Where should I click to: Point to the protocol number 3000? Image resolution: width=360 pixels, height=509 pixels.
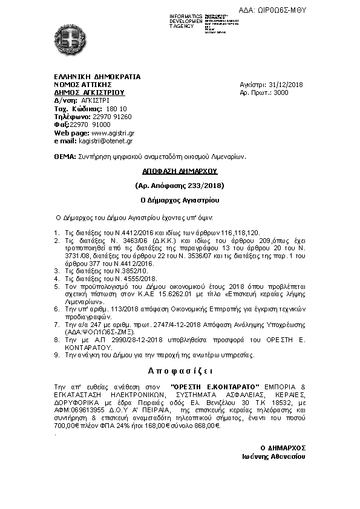[281, 92]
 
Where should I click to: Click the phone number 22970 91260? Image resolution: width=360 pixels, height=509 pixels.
[112, 116]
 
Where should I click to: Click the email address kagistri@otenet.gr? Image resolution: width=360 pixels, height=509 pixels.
[106, 140]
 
